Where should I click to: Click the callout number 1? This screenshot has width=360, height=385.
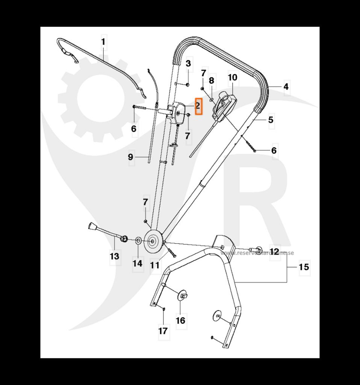click(x=103, y=42)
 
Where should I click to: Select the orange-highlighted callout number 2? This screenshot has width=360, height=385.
click(x=198, y=106)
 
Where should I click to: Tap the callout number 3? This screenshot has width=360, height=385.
click(x=188, y=63)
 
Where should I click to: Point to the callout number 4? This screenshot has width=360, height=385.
click(x=286, y=87)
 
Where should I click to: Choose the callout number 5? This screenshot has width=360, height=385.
click(x=271, y=120)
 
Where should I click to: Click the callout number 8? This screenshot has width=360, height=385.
click(x=211, y=80)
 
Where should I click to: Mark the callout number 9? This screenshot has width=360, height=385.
click(x=131, y=157)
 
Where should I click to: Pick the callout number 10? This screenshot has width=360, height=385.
click(x=233, y=77)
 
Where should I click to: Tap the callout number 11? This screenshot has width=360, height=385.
click(x=154, y=265)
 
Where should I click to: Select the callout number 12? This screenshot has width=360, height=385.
click(x=275, y=252)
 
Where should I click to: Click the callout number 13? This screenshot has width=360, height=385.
click(x=114, y=256)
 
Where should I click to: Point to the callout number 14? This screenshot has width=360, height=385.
click(x=138, y=263)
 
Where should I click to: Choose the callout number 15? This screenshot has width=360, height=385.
click(x=304, y=267)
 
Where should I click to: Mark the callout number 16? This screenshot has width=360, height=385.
click(x=180, y=320)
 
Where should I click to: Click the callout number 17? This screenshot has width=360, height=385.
click(x=163, y=331)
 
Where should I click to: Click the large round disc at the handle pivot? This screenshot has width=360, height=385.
click(x=153, y=241)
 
